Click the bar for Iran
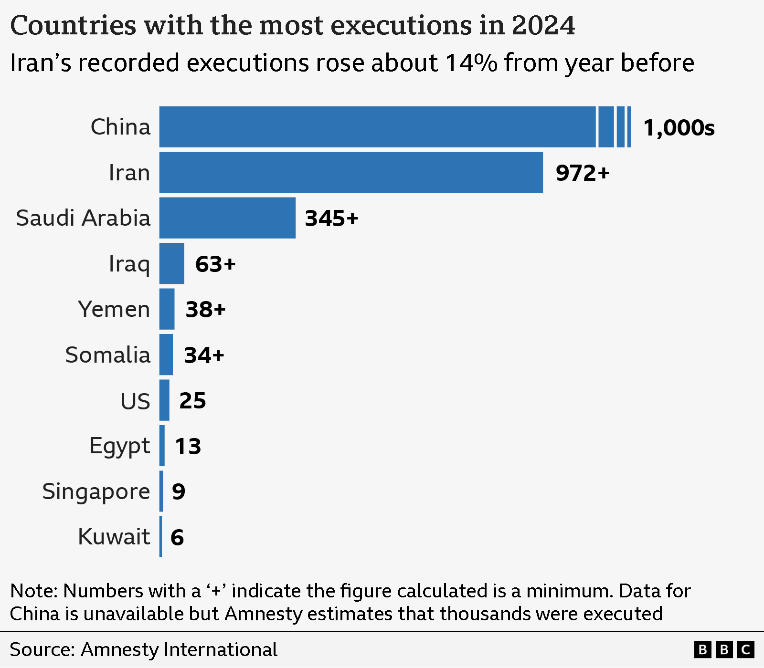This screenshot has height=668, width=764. [x=351, y=172]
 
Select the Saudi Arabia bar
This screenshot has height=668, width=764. [x=227, y=218]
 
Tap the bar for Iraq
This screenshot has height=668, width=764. [x=172, y=263]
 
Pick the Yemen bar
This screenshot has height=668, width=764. [x=167, y=309]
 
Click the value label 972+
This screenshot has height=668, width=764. [x=583, y=173]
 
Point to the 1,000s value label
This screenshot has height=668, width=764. [x=679, y=127]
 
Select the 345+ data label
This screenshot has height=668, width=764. [x=331, y=218]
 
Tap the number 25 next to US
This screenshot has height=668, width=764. [x=192, y=400]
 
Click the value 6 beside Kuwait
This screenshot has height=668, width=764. [x=177, y=537]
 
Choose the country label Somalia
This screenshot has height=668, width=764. [x=108, y=355]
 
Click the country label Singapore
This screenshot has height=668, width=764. [x=96, y=491]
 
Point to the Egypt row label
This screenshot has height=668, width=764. [x=119, y=446]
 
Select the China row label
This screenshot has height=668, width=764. [x=120, y=127]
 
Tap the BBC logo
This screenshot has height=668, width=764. [x=724, y=649]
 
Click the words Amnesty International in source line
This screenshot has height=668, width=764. [x=179, y=649]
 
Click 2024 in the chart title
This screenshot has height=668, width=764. [x=543, y=25]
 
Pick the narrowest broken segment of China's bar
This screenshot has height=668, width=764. [x=629, y=127]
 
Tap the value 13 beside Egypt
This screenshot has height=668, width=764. [x=188, y=446]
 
